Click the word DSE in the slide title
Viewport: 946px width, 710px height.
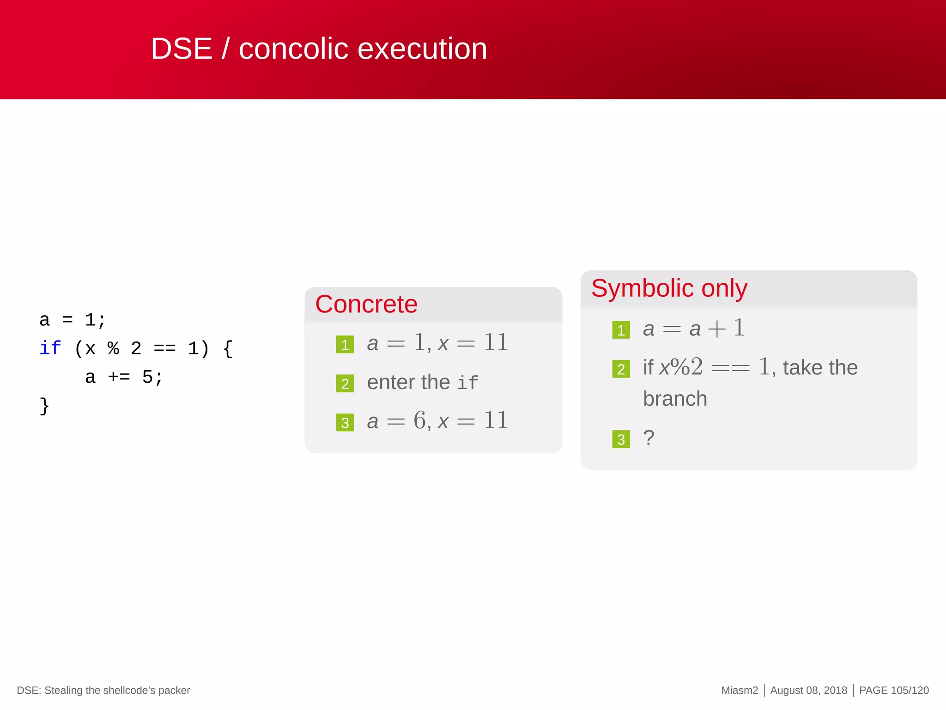tap(181, 49)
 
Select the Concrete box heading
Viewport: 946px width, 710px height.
tap(366, 304)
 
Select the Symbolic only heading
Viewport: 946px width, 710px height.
tap(669, 288)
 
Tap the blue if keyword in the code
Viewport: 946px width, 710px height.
tap(50, 348)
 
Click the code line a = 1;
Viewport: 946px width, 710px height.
tap(73, 320)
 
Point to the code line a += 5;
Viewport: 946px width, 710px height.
tap(124, 377)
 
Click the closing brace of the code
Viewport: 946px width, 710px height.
tap(44, 406)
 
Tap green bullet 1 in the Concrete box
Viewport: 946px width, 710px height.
tap(345, 345)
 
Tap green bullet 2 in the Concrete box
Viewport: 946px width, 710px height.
tap(345, 384)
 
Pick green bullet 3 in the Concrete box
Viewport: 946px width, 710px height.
tap(345, 422)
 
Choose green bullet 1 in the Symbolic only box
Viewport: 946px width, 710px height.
tap(621, 330)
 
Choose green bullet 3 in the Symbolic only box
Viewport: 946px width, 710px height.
tap(621, 439)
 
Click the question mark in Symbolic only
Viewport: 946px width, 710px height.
tap(649, 438)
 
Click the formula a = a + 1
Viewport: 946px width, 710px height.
tap(693, 329)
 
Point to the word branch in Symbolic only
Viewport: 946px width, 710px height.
tap(675, 399)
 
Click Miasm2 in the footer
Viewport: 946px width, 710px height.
tap(739, 690)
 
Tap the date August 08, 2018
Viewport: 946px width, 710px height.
tap(808, 690)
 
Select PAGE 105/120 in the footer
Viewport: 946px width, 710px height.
tap(893, 690)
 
